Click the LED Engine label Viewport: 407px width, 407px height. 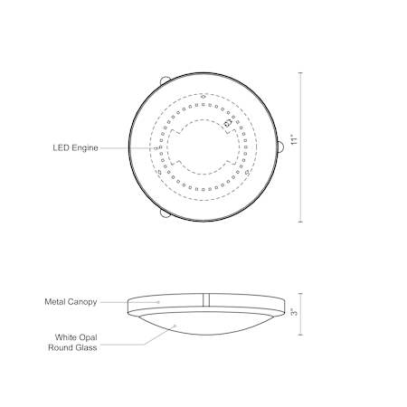pyautogui.click(x=75, y=148)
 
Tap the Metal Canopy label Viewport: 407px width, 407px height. pyautogui.click(x=71, y=302)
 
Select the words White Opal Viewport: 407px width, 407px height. pyautogui.click(x=76, y=337)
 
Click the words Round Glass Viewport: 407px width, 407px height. pyautogui.click(x=72, y=347)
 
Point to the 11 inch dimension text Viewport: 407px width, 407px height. pyautogui.click(x=295, y=139)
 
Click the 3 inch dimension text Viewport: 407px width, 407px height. pyautogui.click(x=295, y=313)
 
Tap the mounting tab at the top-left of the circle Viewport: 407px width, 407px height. pyautogui.click(x=165, y=80)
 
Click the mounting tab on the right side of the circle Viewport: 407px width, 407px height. pyautogui.click(x=280, y=147)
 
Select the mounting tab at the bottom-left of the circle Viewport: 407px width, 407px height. pyautogui.click(x=165, y=213)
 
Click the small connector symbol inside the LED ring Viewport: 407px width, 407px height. pyautogui.click(x=228, y=123)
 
